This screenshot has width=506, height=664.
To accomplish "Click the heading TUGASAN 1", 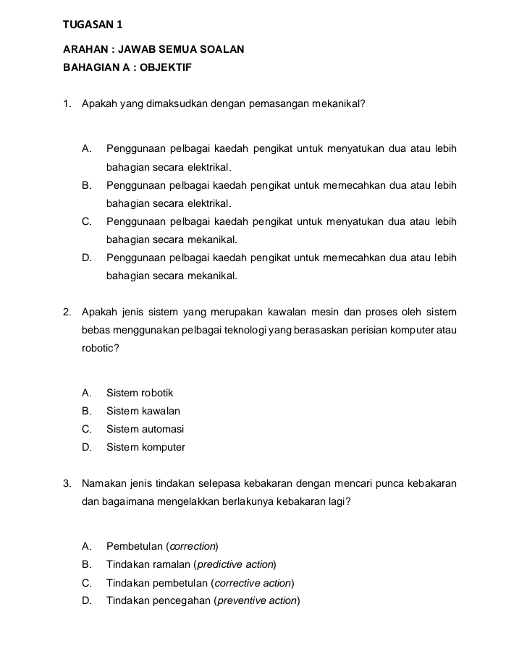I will (92, 25).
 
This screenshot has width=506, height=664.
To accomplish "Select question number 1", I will (67, 104).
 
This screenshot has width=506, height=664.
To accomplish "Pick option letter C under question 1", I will (87, 221).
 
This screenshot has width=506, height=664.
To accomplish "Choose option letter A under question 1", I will (87, 150).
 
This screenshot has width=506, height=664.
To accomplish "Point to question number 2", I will (67, 312).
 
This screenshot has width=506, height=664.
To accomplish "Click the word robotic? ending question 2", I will (101, 348).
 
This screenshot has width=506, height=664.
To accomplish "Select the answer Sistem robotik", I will (140, 393).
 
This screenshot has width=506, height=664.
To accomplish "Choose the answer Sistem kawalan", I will (143, 411).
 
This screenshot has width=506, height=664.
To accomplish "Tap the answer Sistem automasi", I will (145, 429).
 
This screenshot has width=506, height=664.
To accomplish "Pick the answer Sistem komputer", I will (146, 447).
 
